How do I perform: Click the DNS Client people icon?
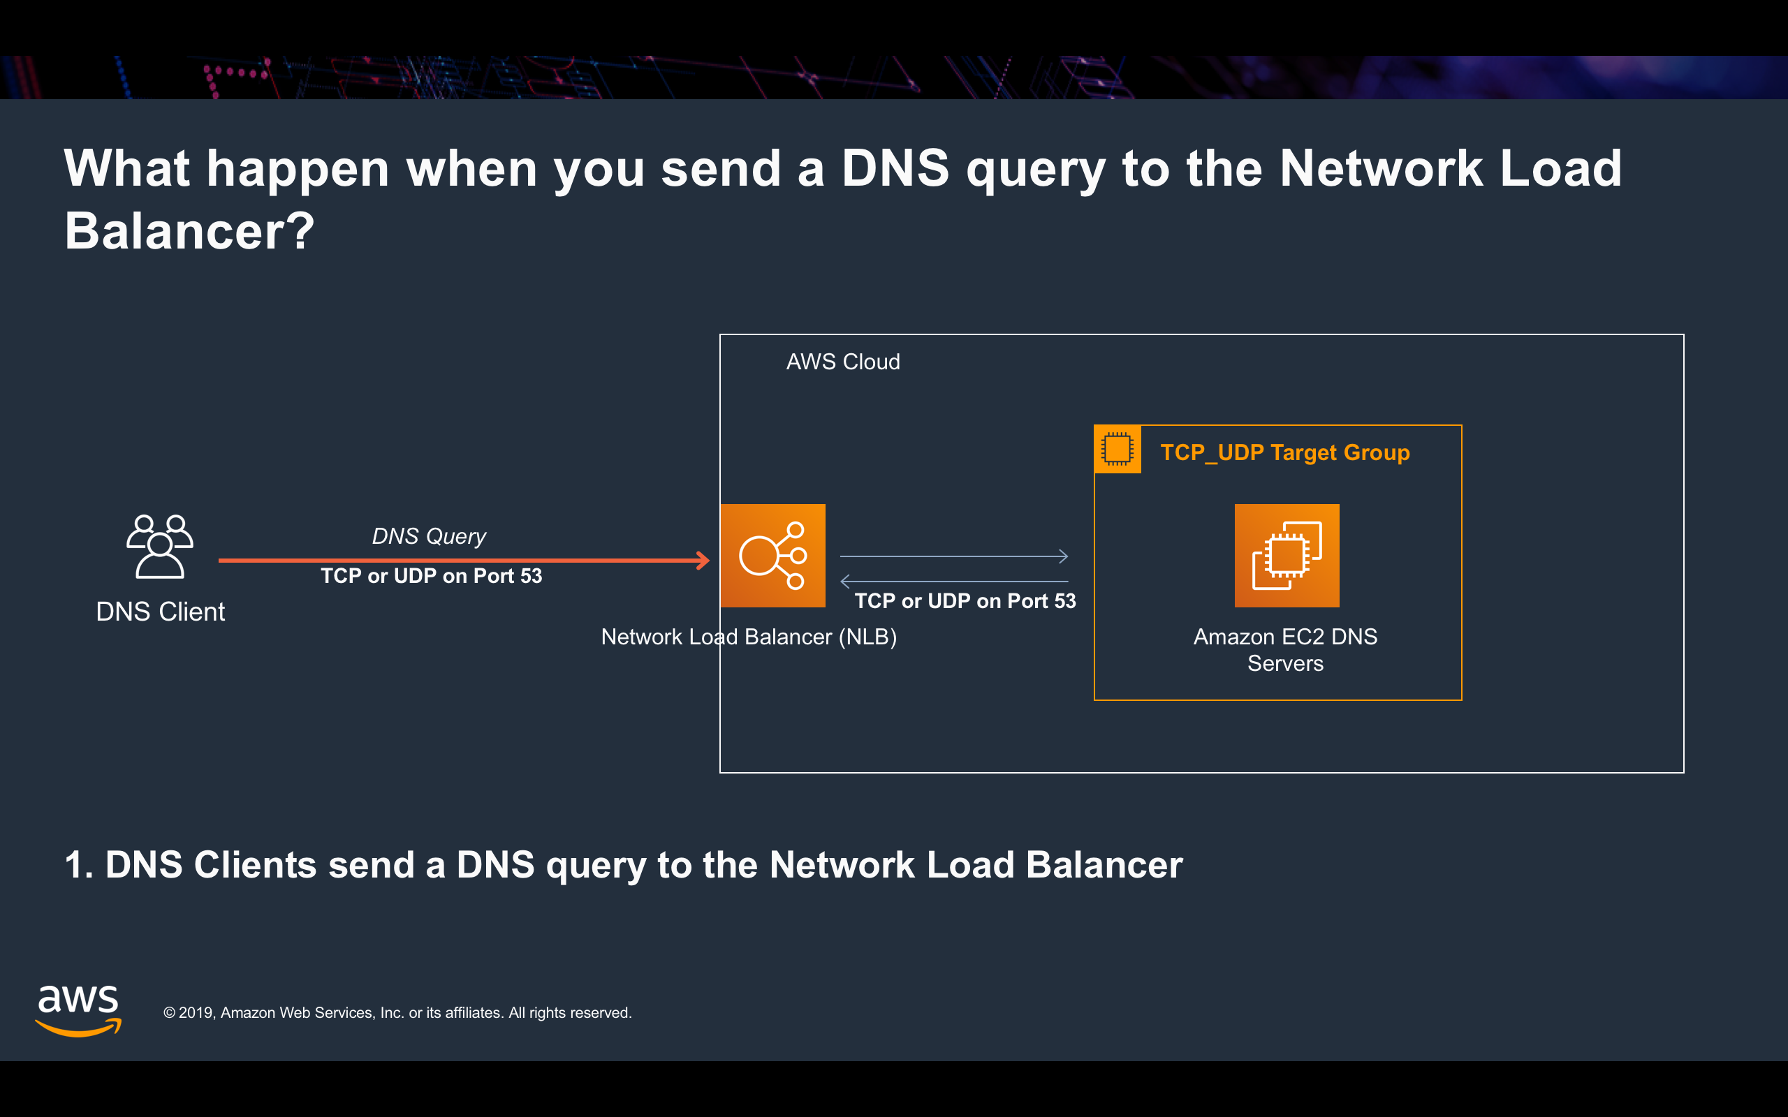(x=159, y=547)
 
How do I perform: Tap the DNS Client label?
(x=161, y=612)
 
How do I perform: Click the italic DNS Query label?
(x=429, y=536)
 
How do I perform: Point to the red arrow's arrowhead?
(x=703, y=561)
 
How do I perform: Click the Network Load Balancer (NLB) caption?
(x=749, y=637)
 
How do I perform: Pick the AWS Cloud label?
(x=842, y=362)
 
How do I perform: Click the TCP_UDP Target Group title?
(x=1285, y=452)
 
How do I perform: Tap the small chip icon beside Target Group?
(x=1117, y=449)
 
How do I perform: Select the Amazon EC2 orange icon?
(x=1287, y=556)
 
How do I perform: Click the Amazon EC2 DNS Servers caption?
(x=1285, y=650)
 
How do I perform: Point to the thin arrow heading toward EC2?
(x=954, y=556)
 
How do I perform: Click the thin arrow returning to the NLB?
(x=954, y=582)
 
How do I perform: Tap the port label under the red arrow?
(x=432, y=576)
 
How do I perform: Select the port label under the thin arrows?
(x=965, y=601)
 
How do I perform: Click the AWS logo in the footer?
(x=78, y=1010)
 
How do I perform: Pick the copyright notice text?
(x=397, y=1013)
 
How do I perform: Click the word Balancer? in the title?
(x=190, y=231)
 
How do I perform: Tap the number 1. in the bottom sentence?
(x=78, y=865)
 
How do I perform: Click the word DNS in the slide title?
(x=895, y=168)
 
